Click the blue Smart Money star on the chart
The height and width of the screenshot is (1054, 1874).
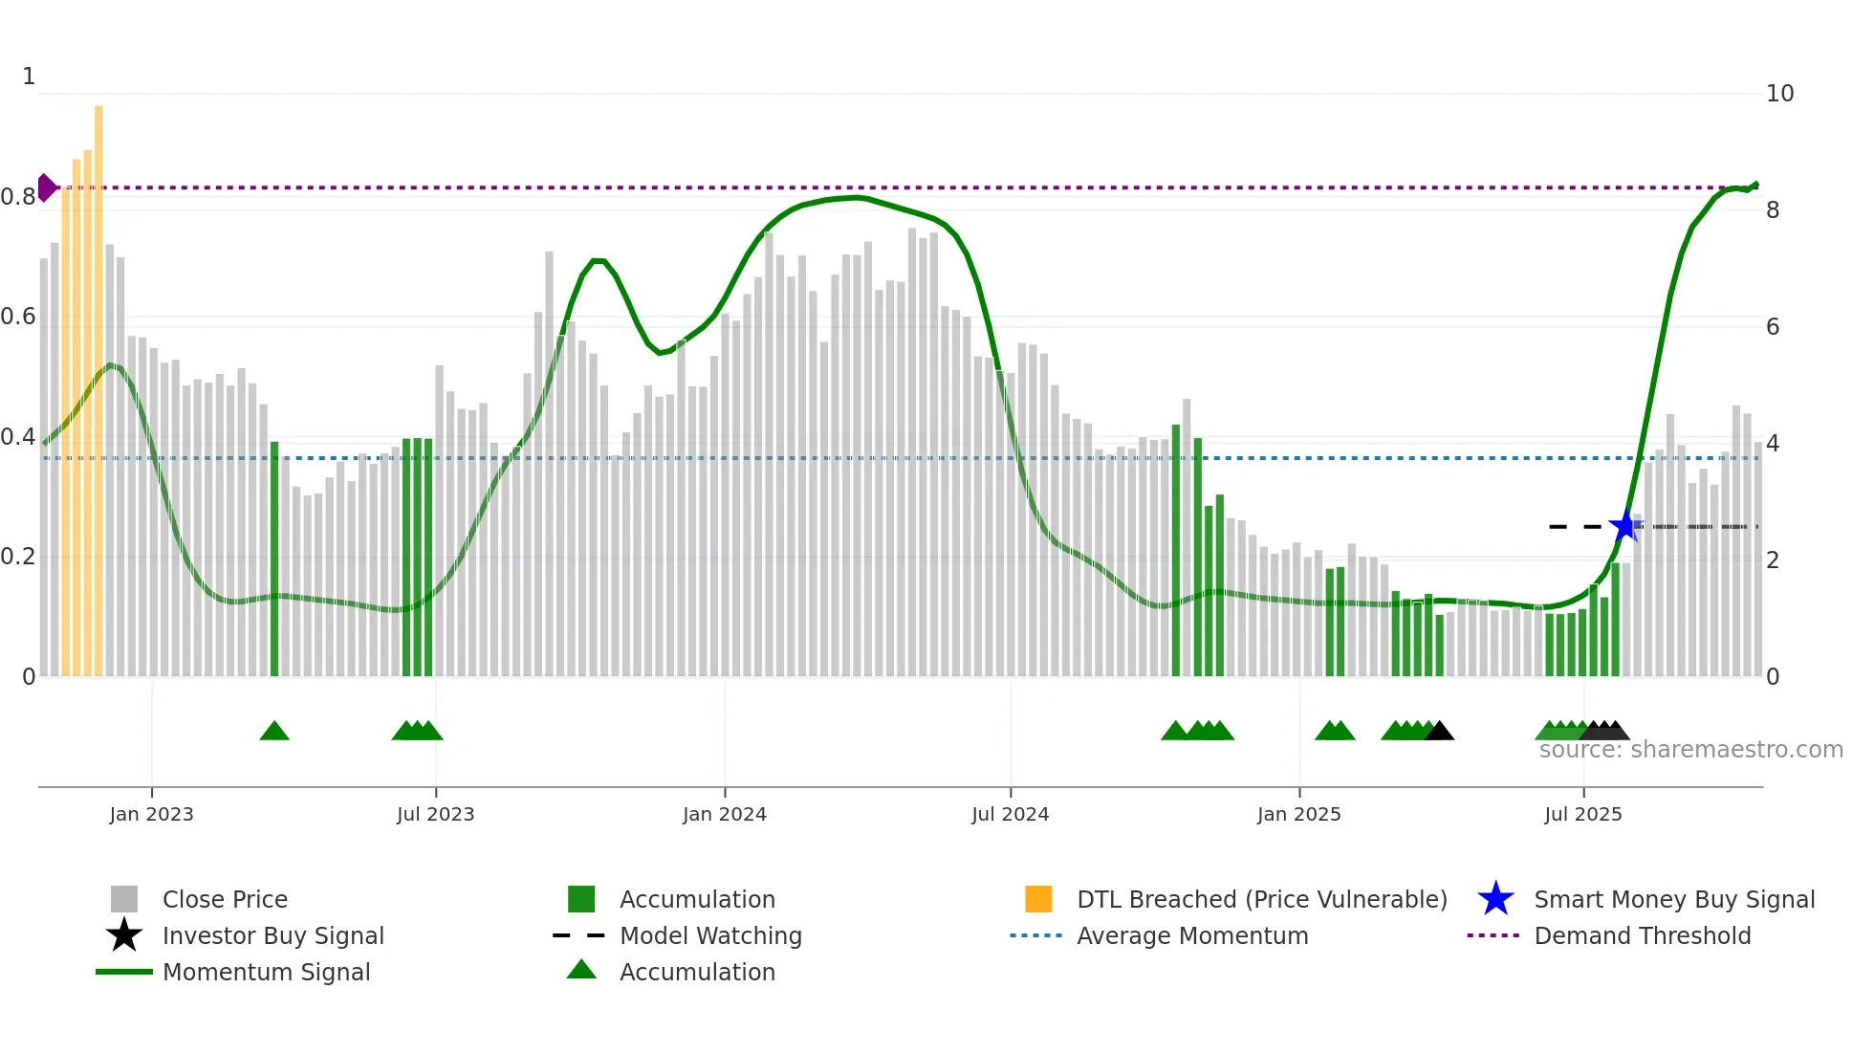pos(1624,526)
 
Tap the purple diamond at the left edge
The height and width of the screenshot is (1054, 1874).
pos(46,187)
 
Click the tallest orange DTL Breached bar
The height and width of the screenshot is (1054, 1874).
pos(98,390)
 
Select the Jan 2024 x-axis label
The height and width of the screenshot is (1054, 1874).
pos(724,814)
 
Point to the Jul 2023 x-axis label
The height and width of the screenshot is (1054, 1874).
pos(435,814)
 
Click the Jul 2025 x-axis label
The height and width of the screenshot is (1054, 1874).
pos(1582,814)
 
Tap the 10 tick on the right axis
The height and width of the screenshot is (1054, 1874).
pos(1779,94)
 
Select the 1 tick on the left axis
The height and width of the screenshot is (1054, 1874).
pos(29,77)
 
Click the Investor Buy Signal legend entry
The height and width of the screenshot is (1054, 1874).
pos(272,935)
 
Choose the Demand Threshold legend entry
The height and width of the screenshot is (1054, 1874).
pos(1642,935)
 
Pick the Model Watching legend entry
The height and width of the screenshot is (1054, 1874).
pos(710,935)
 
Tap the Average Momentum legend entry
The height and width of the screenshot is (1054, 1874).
pos(1191,935)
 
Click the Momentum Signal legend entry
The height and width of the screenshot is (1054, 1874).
pos(266,972)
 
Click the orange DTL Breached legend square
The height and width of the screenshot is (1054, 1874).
pos(1038,899)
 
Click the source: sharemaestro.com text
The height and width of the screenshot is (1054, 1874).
pos(1690,750)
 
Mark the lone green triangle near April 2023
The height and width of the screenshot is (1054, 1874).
pos(274,732)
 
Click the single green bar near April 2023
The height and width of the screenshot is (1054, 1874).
pos(274,559)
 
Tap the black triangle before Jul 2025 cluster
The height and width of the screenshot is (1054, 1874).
pos(1439,732)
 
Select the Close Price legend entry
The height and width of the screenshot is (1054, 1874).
pos(225,899)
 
